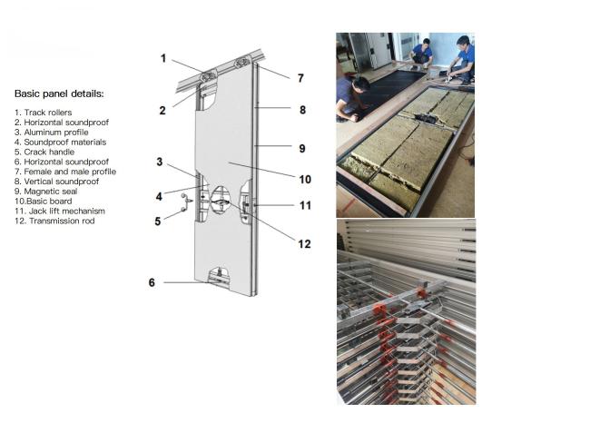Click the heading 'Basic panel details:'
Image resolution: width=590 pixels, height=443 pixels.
click(x=59, y=94)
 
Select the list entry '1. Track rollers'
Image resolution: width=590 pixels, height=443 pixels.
click(x=43, y=113)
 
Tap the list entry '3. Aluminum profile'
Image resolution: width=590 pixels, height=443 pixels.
click(x=52, y=133)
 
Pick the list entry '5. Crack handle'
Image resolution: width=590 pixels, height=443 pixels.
click(x=44, y=152)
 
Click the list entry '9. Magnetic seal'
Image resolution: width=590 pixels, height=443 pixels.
click(x=46, y=192)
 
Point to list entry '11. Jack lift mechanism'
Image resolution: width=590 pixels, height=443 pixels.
click(x=60, y=211)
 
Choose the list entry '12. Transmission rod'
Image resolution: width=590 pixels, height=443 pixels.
click(x=54, y=221)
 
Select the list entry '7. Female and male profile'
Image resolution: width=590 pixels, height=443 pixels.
click(x=65, y=172)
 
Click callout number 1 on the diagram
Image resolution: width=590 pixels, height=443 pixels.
click(x=162, y=58)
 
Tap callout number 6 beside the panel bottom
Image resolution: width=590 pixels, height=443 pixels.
click(x=152, y=282)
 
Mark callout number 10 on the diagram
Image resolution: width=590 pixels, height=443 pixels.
click(x=305, y=180)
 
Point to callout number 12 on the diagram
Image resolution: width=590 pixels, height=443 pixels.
click(x=304, y=244)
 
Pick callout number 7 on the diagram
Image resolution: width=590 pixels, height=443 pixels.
click(x=300, y=78)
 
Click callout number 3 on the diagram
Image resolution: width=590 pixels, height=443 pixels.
click(x=160, y=162)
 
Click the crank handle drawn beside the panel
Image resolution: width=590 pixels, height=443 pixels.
click(x=187, y=202)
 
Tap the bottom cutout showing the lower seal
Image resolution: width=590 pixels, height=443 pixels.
click(x=219, y=277)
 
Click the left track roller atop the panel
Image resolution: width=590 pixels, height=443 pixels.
click(x=208, y=77)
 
